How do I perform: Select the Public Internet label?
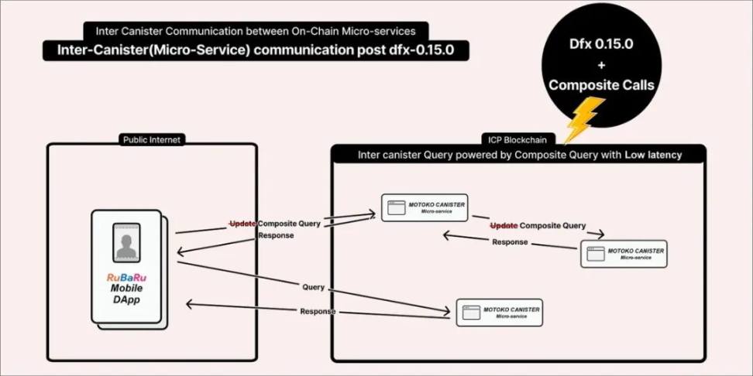tap(152, 140)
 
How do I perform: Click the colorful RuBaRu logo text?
tap(126, 278)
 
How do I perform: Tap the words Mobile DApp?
tap(126, 294)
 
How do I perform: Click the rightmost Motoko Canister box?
tap(624, 254)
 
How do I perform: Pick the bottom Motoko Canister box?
tap(500, 312)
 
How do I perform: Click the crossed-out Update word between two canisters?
tap(504, 226)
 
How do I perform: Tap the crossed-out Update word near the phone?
tap(242, 223)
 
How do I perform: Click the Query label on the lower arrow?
tap(314, 287)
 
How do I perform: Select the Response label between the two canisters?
tap(510, 242)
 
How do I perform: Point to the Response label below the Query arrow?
tap(318, 311)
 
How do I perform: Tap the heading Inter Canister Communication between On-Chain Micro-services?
tap(256, 32)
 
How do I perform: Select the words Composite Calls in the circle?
tap(601, 85)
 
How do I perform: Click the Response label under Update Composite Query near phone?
tap(276, 235)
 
